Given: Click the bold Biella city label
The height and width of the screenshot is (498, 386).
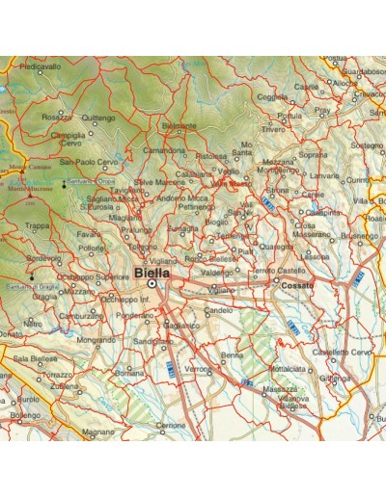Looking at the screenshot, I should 153,273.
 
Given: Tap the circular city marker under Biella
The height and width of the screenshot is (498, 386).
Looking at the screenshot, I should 152,284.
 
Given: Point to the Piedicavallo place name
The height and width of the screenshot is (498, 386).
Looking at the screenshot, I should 40,66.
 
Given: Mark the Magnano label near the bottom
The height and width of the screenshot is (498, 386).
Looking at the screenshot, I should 97,432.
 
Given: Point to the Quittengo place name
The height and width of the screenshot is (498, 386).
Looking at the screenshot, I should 96,118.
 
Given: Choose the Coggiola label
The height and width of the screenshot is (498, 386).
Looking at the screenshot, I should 273,96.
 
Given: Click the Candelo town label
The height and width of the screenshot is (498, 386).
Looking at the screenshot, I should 220,311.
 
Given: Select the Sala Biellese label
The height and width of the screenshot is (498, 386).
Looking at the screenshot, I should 36,358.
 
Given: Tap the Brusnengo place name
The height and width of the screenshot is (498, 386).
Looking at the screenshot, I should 360,235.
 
